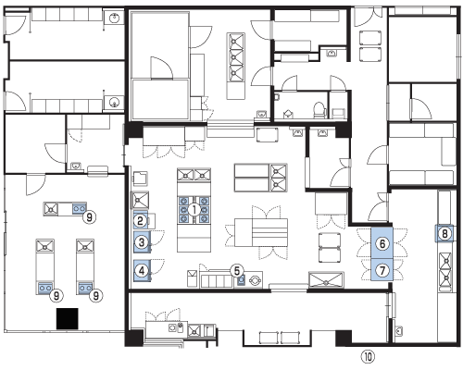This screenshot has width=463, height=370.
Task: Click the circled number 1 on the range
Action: click(194, 210)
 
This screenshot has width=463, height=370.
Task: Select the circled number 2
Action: click(140, 221)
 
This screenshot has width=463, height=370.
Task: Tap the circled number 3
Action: click(142, 242)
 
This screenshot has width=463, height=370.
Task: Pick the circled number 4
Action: click(142, 271)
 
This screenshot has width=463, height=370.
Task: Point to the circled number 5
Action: click(237, 271)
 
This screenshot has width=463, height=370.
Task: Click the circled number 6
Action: click(382, 244)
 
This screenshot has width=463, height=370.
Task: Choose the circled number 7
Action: click(382, 271)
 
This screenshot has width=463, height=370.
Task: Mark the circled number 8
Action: click(444, 234)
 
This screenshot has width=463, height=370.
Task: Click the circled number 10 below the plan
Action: click(368, 357)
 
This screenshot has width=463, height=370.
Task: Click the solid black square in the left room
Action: click(67, 318)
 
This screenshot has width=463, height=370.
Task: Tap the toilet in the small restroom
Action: click(319, 110)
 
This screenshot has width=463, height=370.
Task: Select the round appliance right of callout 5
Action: click(256, 280)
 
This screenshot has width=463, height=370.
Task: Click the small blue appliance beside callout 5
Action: click(241, 280)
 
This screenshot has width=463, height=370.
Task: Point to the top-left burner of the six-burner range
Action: click(184, 202)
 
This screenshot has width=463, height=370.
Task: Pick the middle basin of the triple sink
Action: click(236, 56)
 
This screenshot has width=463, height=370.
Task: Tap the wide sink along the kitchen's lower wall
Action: click(326, 280)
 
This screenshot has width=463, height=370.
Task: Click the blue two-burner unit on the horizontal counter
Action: click(79, 208)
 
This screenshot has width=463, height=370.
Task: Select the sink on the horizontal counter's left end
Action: click(51, 209)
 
